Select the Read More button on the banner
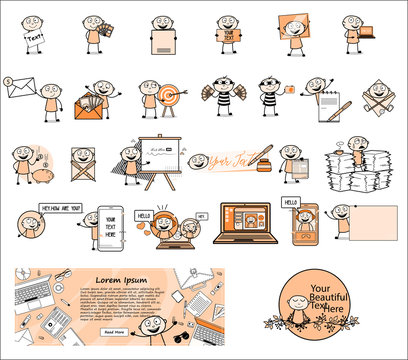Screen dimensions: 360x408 (115, 331)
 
